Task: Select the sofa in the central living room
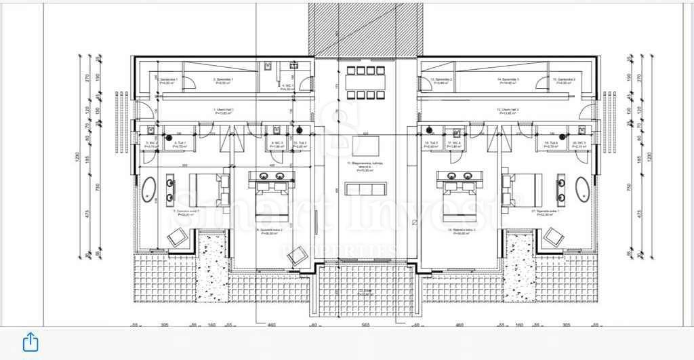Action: tap(366, 189)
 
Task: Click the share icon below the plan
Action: tap(30, 341)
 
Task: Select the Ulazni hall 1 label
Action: tap(224, 111)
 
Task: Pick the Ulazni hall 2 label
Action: tap(508, 111)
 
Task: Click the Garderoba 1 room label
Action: tap(168, 81)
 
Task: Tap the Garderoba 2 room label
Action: tap(564, 81)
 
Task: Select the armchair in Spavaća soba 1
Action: tap(178, 236)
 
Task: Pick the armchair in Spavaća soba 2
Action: tap(296, 256)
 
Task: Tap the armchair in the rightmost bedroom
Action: tap(554, 236)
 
